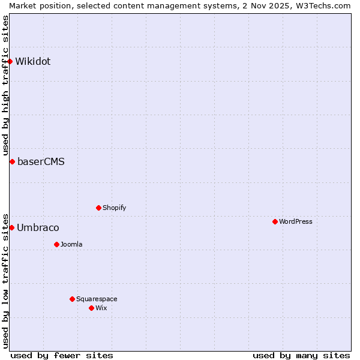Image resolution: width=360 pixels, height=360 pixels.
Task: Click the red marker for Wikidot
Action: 10,61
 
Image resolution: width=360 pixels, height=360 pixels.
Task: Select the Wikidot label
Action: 33,61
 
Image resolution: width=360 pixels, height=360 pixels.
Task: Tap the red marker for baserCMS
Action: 12,161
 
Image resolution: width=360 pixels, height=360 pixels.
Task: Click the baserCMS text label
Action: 41,161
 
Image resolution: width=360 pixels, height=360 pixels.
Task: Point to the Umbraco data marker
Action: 11,227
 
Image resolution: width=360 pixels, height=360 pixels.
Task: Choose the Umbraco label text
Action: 38,227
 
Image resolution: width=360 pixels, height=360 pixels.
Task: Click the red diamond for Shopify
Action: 98,208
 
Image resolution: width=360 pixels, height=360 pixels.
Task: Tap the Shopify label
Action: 114,208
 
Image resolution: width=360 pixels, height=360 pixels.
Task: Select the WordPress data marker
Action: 275,221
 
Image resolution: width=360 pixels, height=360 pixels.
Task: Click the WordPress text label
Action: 295,221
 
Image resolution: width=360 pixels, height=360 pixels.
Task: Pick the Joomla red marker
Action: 56,244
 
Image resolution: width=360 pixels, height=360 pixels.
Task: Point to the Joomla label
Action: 71,244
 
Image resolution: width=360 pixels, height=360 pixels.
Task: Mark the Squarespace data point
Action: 72,299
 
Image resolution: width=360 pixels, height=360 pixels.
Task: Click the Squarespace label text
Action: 97,299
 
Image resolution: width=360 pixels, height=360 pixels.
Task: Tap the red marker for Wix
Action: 91,308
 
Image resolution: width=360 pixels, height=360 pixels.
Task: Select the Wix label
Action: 101,308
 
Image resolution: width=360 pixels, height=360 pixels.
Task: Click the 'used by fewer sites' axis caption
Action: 62,355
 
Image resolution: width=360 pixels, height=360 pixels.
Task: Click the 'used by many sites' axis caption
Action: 301,355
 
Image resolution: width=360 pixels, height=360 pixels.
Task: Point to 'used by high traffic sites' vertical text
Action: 5,85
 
